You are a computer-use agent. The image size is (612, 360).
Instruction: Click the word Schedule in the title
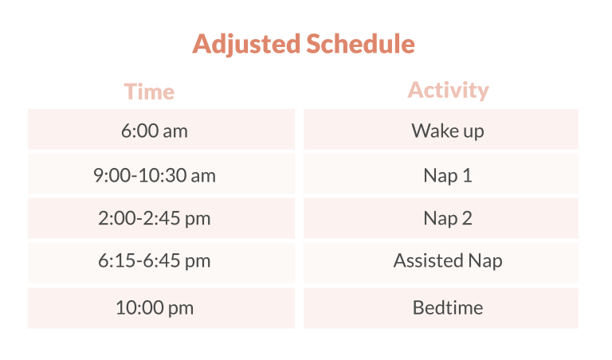pos(360,43)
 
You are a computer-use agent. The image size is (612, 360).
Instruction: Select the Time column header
pos(149,92)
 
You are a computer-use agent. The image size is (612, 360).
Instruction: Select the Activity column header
pos(448,90)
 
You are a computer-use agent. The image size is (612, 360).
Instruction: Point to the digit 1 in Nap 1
pos(467,175)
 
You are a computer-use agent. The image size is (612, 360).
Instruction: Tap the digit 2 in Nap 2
pos(467,218)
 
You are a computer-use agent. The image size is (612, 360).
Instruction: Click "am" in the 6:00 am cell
pos(175,131)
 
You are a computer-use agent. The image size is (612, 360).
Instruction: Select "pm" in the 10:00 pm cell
pos(181,309)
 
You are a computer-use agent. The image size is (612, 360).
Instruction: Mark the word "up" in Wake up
pos(473,132)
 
